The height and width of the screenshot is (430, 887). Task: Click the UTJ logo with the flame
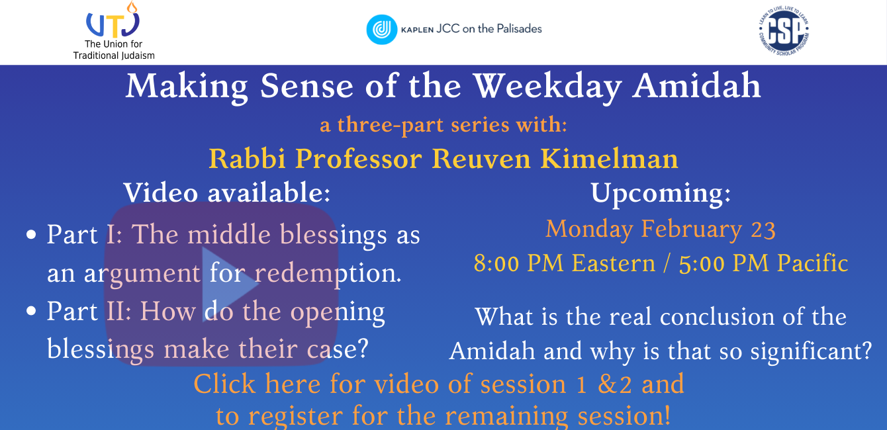(x=113, y=20)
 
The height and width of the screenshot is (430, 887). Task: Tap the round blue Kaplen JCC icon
(x=382, y=30)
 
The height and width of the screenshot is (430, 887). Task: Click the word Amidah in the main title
(x=696, y=86)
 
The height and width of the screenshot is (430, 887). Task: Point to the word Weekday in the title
(x=547, y=88)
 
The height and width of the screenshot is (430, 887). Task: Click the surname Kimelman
(x=609, y=159)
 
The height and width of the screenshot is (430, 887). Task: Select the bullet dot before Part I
(x=31, y=234)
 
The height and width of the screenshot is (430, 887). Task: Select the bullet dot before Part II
(x=31, y=311)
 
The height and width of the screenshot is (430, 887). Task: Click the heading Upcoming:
(x=661, y=194)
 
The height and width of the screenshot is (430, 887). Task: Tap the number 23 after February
(x=763, y=230)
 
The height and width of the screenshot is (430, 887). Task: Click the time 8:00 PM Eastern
(x=565, y=263)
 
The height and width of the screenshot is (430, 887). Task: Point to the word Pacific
(x=813, y=263)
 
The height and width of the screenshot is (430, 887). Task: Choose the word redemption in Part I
(x=328, y=274)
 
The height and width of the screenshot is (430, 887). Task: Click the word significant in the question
(x=812, y=351)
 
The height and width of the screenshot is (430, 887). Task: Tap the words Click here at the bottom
(x=257, y=384)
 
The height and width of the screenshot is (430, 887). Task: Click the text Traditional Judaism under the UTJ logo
(x=114, y=56)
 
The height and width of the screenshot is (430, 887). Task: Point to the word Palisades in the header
(x=519, y=29)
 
